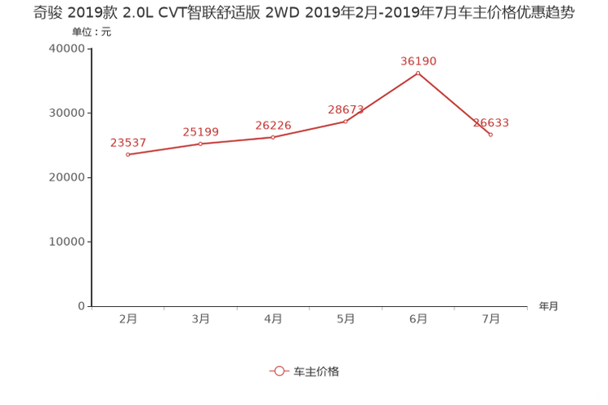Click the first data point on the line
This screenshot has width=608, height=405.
pyautogui.click(x=127, y=154)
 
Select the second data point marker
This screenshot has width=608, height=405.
pyautogui.click(x=200, y=145)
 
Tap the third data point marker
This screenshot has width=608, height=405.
pyautogui.click(x=273, y=136)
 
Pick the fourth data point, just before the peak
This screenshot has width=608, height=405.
pyautogui.click(x=346, y=122)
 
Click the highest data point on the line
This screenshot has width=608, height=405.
pyautogui.click(x=418, y=73)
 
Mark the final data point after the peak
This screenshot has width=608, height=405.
pyautogui.click(x=490, y=135)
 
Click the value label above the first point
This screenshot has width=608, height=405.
pyautogui.click(x=127, y=144)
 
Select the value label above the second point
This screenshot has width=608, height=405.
pyautogui.click(x=200, y=131)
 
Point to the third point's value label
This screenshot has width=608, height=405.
pyautogui.click(x=273, y=124)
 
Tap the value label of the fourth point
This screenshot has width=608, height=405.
pyautogui.click(x=346, y=109)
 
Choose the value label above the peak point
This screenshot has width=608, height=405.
pyautogui.click(x=418, y=60)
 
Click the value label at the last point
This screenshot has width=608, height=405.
pyautogui.click(x=491, y=122)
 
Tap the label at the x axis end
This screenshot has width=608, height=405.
pyautogui.click(x=548, y=307)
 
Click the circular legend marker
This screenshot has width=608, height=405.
pyautogui.click(x=279, y=371)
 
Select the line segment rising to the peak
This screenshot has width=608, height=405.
pyautogui.click(x=382, y=97)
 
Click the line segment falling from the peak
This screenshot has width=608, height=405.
pyautogui.click(x=454, y=104)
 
